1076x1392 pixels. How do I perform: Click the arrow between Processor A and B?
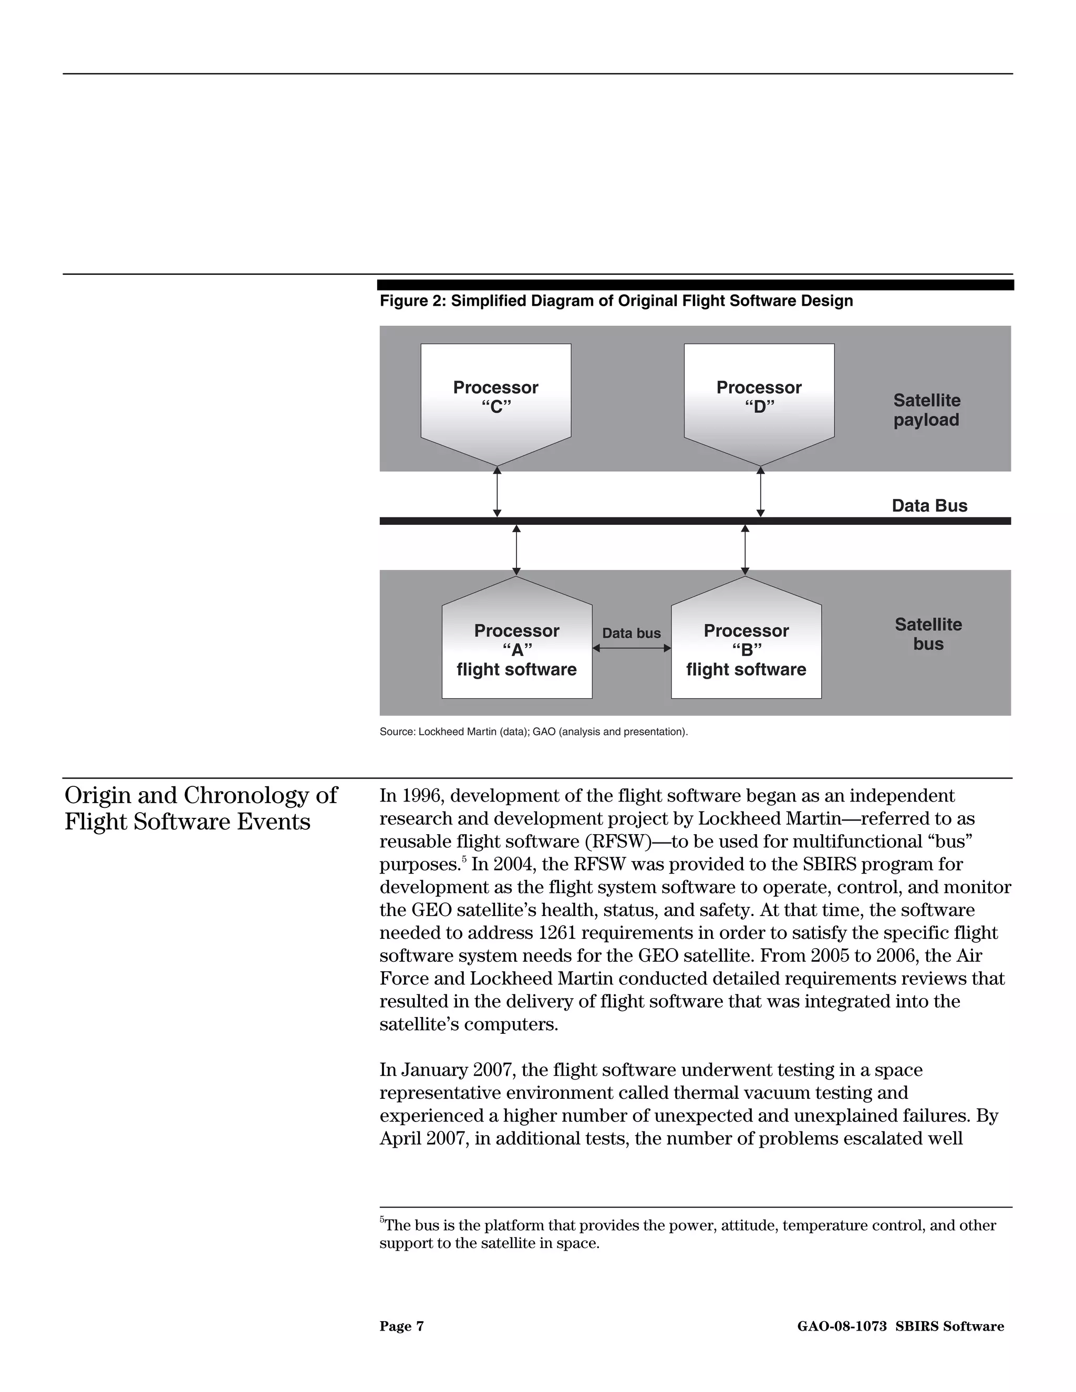pos(632,648)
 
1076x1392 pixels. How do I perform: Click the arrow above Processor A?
pos(516,550)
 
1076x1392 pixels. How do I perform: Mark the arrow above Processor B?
pos(745,550)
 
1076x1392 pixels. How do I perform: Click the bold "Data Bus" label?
pos(929,505)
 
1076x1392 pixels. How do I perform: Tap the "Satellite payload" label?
pos(926,410)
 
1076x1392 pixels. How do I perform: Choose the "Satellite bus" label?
pos(928,633)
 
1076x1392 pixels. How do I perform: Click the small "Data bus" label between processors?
pos(631,633)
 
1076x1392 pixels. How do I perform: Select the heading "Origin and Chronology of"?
pos(201,795)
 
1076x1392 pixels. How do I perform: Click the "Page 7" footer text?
pos(401,1326)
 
